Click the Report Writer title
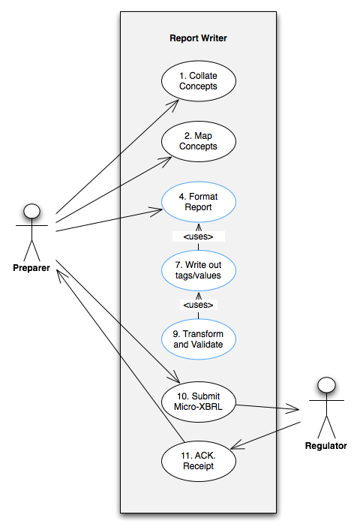tap(198, 38)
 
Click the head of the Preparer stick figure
tap(31, 211)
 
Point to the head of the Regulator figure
tap(326, 385)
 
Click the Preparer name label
tap(31, 268)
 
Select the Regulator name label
tap(326, 446)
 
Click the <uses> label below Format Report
tap(198, 236)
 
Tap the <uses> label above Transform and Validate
tap(198, 305)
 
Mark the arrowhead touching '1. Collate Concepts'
tap(173, 105)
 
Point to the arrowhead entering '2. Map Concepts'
tap(166, 161)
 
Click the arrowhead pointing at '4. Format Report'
tap(157, 211)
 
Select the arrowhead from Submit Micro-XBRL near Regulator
tap(293, 409)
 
